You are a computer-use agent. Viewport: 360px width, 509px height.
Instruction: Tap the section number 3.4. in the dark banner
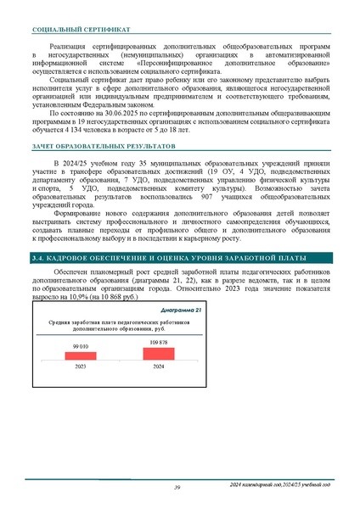37,257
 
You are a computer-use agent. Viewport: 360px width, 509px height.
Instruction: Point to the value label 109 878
159,342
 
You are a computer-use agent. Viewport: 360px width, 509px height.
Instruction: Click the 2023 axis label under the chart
81,366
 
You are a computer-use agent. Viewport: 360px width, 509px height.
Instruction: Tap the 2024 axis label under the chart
159,366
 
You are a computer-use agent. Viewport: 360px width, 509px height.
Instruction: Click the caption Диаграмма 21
180,310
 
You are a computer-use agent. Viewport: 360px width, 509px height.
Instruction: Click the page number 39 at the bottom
177,487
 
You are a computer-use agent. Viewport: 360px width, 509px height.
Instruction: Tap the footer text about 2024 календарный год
280,484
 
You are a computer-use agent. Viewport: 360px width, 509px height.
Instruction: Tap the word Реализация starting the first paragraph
70,46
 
